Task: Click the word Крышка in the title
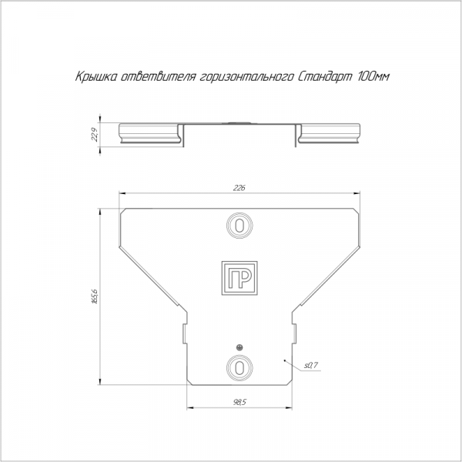pyautogui.click(x=96, y=77)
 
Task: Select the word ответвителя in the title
pyautogui.click(x=159, y=77)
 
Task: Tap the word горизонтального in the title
pyautogui.click(x=247, y=77)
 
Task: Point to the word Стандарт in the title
pyautogui.click(x=325, y=77)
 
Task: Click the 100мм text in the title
pyautogui.click(x=373, y=76)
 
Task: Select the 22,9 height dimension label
pyautogui.click(x=95, y=135)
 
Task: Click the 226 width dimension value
pyautogui.click(x=239, y=188)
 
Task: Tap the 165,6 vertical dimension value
pyautogui.click(x=95, y=296)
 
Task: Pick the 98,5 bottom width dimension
pyautogui.click(x=239, y=402)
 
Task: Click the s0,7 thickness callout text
pyautogui.click(x=311, y=365)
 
